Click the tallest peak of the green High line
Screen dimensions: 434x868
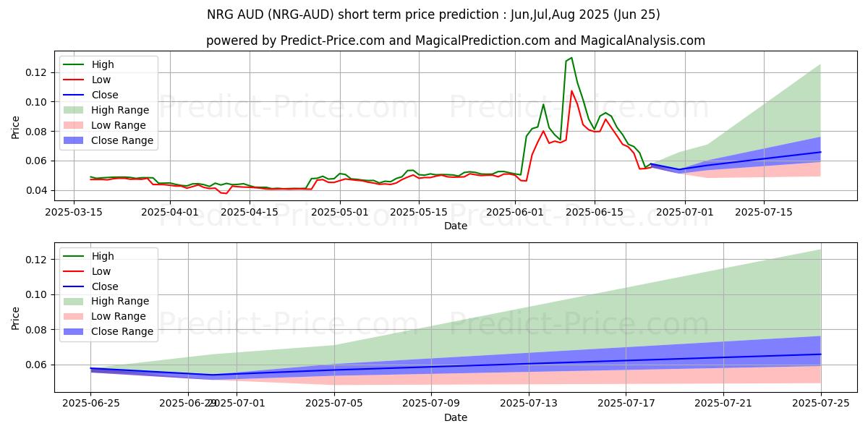coord(571,58)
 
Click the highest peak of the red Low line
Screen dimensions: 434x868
coord(571,91)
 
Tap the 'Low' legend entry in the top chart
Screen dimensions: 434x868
coord(101,80)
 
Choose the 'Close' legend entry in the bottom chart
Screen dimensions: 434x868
coord(105,286)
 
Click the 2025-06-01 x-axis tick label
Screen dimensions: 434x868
coord(515,212)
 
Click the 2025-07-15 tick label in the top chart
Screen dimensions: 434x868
coord(764,212)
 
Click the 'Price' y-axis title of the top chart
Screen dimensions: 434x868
coord(16,127)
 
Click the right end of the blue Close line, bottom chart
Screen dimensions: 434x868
coord(821,354)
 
